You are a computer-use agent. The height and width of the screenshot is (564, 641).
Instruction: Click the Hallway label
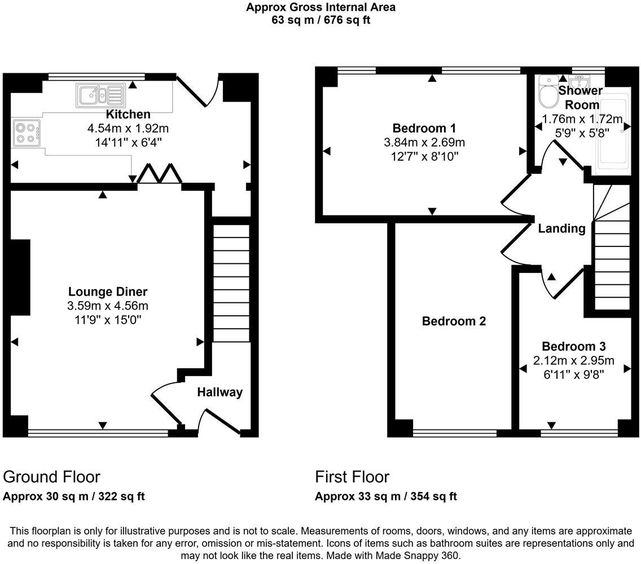pyautogui.click(x=219, y=392)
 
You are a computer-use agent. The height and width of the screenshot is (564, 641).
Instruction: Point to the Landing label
pyautogui.click(x=561, y=228)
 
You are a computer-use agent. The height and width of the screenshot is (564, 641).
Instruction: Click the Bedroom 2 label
pyautogui.click(x=454, y=321)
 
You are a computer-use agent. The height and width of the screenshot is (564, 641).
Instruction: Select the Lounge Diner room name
pyautogui.click(x=108, y=292)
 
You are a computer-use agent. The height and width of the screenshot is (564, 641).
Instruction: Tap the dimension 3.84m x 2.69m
pyautogui.click(x=424, y=142)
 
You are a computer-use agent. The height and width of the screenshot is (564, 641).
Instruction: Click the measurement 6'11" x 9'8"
pyautogui.click(x=573, y=373)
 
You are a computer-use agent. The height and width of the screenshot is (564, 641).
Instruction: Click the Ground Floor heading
pyautogui.click(x=51, y=477)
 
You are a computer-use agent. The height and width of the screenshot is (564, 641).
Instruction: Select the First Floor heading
pyautogui.click(x=352, y=477)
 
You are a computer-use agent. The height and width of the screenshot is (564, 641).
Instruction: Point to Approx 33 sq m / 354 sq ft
pyautogui.click(x=385, y=496)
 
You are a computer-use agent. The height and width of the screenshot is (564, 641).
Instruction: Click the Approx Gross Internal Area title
pyautogui.click(x=321, y=7)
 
